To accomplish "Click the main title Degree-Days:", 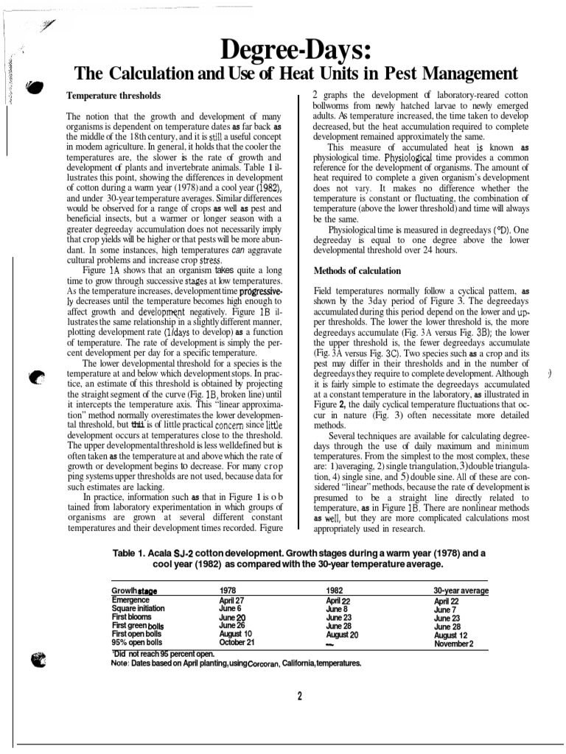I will [298, 52].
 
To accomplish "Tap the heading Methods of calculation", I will [357, 270].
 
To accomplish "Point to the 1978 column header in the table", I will [228, 591].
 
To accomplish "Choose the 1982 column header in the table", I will [335, 591].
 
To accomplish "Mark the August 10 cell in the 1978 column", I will [236, 633].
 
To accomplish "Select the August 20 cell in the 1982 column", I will [342, 634].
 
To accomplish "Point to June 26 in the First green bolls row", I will [231, 625].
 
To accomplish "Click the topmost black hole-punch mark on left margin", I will [34, 88].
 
